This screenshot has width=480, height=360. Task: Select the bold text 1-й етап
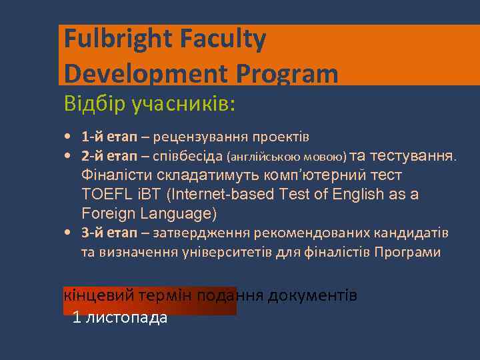click(109, 137)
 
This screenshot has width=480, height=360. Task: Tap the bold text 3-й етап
click(109, 233)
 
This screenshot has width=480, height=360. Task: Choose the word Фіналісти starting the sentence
click(116, 175)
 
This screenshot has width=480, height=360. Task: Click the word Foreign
click(109, 213)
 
